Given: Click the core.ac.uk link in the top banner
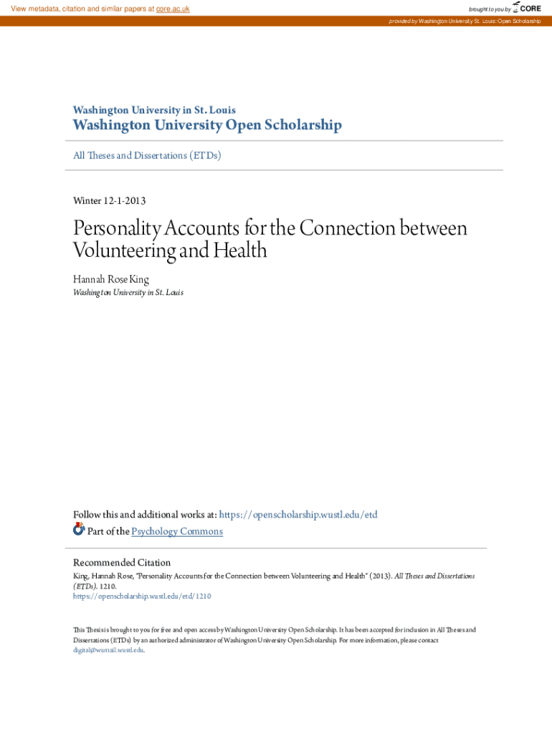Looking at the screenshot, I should coord(172,9).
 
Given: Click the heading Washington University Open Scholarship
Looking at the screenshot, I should coord(207,126).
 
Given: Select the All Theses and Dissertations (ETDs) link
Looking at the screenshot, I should coord(147,155).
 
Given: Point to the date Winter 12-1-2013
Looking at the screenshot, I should coord(110,200).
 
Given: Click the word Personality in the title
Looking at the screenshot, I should coord(118,228).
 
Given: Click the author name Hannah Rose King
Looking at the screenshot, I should coord(111,278).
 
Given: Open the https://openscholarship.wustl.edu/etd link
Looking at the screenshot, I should coord(298,515).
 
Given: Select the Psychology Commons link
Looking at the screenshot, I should coord(177,531).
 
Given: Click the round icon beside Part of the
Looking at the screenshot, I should coord(79,530).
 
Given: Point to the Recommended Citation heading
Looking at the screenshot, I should coord(122,563).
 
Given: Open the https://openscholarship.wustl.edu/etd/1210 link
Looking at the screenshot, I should coord(142,596).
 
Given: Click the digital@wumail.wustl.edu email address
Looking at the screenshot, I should coord(108,650).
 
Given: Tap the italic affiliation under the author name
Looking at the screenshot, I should coord(128,293).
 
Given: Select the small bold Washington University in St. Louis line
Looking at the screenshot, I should coord(154,110).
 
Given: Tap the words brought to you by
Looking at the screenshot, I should coord(490,9).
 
